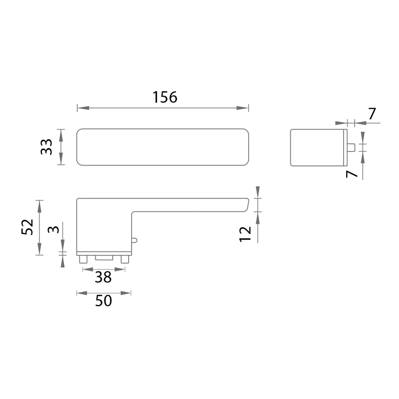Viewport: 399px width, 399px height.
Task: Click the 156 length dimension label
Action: pyautogui.click(x=165, y=98)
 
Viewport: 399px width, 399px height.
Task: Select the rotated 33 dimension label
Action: pyautogui.click(x=46, y=147)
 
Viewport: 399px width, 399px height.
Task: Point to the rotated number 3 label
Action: pyautogui.click(x=54, y=230)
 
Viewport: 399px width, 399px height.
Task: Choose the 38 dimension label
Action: pyautogui.click(x=103, y=277)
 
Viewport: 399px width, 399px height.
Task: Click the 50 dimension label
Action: pyautogui.click(x=103, y=301)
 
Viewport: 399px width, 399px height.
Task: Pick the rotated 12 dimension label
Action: pyautogui.click(x=245, y=233)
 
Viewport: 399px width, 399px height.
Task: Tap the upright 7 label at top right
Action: pyautogui.click(x=372, y=114)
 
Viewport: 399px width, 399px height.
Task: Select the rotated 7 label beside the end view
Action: pyautogui.click(x=352, y=175)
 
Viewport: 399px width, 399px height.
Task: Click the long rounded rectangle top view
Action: pyautogui.click(x=163, y=147)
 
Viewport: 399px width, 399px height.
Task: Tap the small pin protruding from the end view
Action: pyautogui.click(x=351, y=147)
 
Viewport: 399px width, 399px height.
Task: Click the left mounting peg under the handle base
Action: pyautogui.click(x=83, y=259)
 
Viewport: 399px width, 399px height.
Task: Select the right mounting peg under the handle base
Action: pyautogui.click(x=124, y=259)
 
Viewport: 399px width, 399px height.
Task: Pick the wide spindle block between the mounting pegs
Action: pyautogui.click(x=104, y=258)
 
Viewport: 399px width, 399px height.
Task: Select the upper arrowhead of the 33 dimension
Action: pyautogui.click(x=61, y=132)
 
